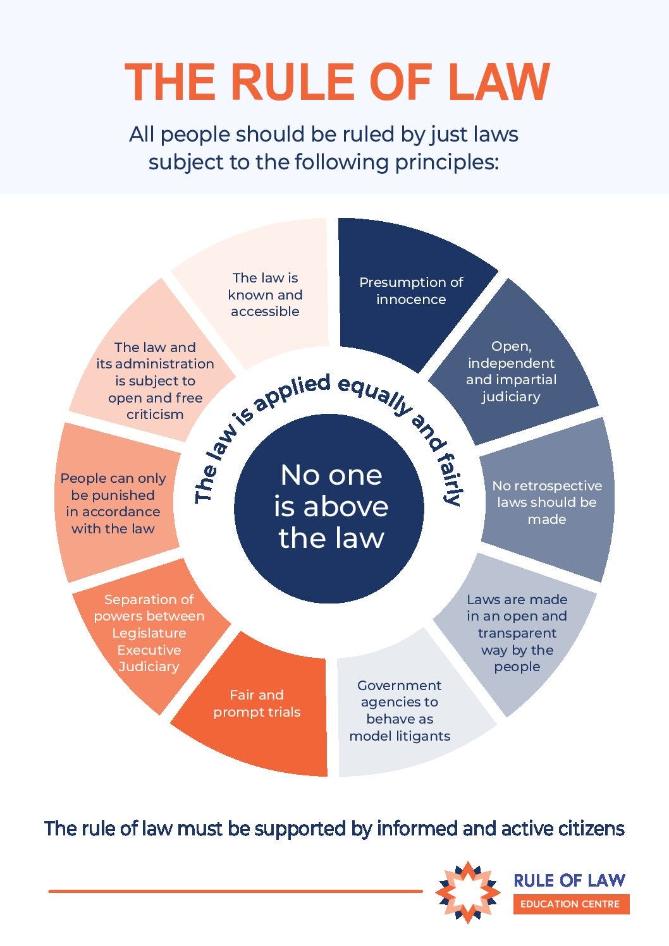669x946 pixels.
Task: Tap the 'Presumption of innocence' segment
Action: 411,291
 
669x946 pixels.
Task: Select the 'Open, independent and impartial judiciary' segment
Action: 511,371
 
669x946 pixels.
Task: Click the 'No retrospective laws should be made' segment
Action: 547,502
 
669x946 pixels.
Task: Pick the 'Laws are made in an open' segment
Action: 517,632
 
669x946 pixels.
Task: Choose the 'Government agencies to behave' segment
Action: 400,710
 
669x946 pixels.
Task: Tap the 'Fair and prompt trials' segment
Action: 257,703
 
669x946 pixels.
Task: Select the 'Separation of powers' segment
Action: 149,632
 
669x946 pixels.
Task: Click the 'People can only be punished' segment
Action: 113,503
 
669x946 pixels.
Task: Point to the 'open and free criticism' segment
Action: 155,380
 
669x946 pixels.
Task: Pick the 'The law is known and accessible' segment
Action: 265,294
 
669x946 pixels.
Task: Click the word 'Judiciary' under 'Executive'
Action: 149,667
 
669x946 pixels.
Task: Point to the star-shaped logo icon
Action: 467,892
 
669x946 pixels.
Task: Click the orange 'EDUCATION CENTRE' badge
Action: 570,904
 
